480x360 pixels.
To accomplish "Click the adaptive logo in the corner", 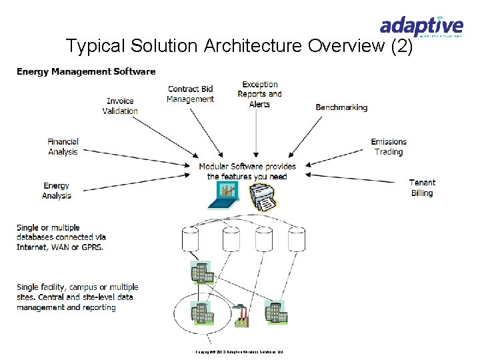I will tap(421, 27).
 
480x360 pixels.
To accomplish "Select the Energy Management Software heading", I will tap(86, 71).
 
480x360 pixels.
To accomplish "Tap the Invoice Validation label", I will tap(120, 106).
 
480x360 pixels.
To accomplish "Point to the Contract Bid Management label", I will tap(190, 94).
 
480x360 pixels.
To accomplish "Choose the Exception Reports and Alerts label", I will tap(259, 94).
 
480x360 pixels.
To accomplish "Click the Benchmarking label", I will tap(341, 107).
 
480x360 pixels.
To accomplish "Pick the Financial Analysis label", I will tap(63, 147).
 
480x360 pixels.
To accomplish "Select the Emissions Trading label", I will tap(389, 147).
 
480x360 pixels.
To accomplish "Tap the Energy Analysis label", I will tap(56, 191).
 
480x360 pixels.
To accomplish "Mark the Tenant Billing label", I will tap(422, 188).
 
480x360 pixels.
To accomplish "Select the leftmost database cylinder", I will tap(191, 238).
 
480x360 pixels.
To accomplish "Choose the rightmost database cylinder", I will tap(297, 238).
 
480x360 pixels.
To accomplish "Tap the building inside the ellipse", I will tap(201, 313).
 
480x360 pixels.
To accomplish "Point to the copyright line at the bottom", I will tap(239, 351).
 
